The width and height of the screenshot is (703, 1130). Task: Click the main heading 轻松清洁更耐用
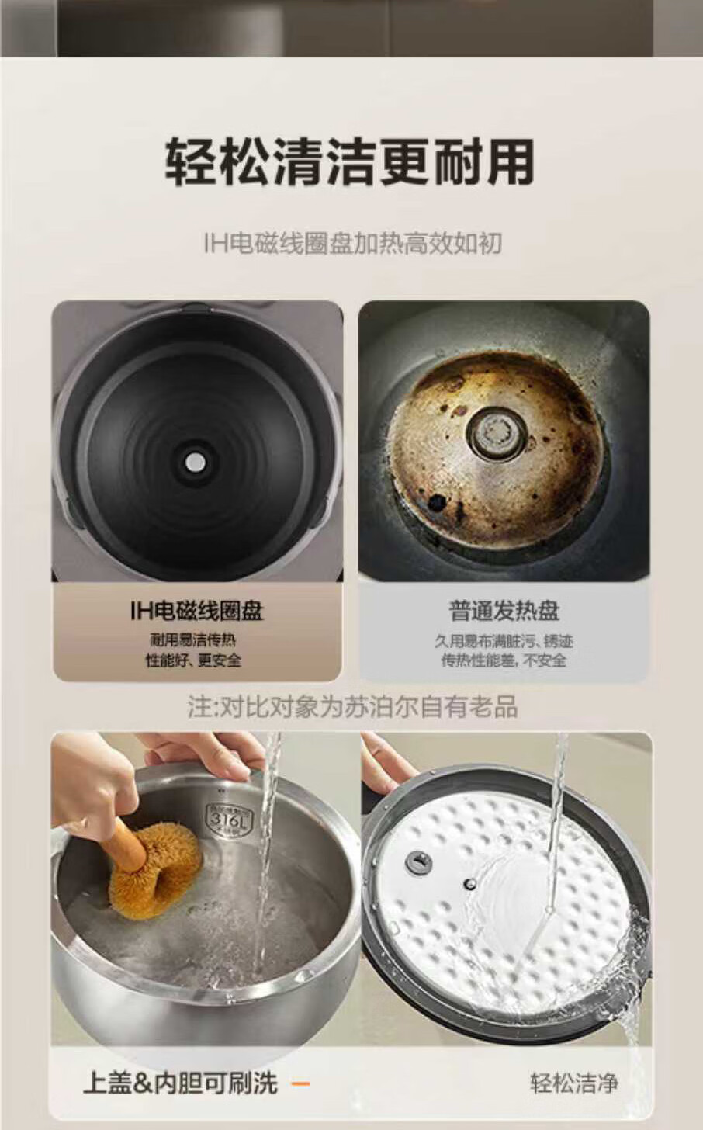coord(349,161)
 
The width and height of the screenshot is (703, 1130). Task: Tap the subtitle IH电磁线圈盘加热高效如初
coord(352,244)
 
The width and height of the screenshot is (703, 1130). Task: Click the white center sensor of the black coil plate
coord(196,462)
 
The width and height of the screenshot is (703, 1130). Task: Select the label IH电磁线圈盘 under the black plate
coord(196,610)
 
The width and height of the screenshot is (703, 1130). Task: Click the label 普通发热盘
coord(504,610)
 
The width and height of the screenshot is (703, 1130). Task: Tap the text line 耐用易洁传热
coord(193,640)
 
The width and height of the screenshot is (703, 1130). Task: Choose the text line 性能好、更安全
coord(194,660)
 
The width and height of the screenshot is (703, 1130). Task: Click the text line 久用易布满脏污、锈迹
coord(504,641)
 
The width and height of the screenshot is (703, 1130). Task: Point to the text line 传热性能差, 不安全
coord(504,660)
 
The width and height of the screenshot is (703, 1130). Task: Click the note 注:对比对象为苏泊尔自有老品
coord(352,706)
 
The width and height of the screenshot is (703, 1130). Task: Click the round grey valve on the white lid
coord(419,863)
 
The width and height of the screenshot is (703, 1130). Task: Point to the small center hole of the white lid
coord(470,883)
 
